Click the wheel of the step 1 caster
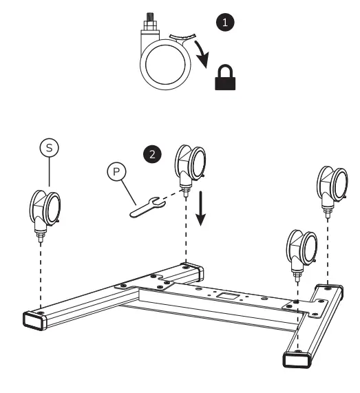[165, 69]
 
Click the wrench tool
[146, 205]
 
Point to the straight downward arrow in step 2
[200, 211]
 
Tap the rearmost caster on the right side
[330, 184]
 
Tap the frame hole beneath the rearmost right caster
[330, 284]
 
